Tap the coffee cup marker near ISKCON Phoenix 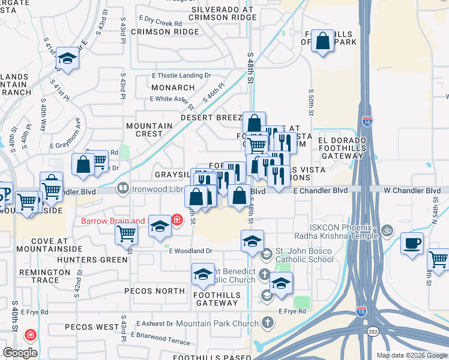pyautogui.click(x=411, y=244)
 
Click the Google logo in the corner pyautogui.click(x=20, y=352)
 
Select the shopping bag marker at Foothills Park pyautogui.click(x=323, y=42)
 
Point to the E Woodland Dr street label pyautogui.click(x=191, y=251)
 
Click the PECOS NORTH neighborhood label pyautogui.click(x=154, y=291)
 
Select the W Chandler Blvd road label pyautogui.click(x=416, y=190)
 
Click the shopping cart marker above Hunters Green pyautogui.click(x=126, y=233)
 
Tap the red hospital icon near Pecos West pyautogui.click(x=29, y=334)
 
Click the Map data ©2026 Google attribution pyautogui.click(x=411, y=355)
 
